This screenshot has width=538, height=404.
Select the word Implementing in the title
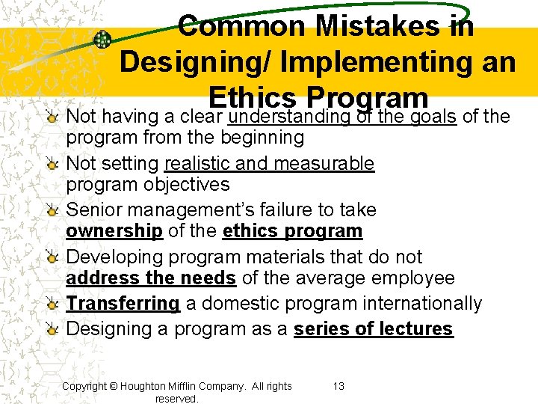coord(361,62)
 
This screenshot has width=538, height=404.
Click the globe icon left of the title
coord(102,40)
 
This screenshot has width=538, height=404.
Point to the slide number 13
coord(338,386)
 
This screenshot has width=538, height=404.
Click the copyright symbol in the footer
coord(114,386)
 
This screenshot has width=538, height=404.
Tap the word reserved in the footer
coord(176,399)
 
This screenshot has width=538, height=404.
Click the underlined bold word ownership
coord(114,231)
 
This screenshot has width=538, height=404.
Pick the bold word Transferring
coord(123,303)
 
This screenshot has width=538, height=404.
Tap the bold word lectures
coord(415,328)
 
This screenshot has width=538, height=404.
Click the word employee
coord(415,278)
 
